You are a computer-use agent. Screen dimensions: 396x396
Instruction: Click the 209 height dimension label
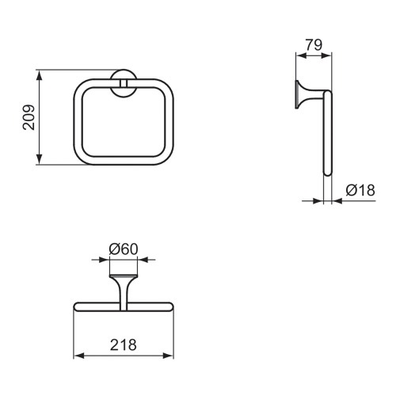[x=29, y=117]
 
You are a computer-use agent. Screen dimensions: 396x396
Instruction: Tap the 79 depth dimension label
[x=314, y=45]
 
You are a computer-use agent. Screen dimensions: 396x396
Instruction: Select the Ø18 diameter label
[x=360, y=190]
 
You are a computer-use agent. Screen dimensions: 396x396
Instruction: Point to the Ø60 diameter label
[x=124, y=249]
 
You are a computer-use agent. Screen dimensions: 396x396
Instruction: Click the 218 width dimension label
[x=124, y=345]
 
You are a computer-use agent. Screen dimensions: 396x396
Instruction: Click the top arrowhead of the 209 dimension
[x=39, y=75]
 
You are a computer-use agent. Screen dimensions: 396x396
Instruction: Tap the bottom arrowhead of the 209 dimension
[x=39, y=159]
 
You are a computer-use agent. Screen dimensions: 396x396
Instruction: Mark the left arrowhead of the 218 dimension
[x=78, y=356]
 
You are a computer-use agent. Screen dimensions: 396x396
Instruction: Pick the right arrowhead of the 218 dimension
[x=169, y=356]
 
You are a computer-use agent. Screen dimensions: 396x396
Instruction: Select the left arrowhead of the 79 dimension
[x=301, y=55]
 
